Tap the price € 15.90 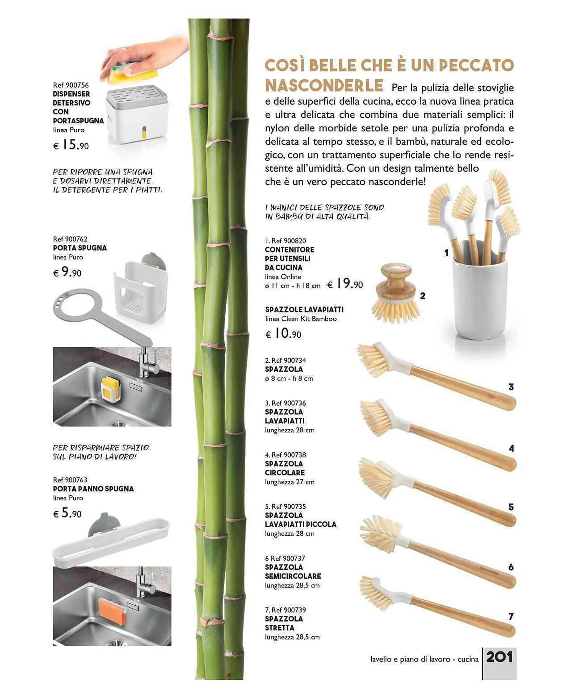(x=71, y=145)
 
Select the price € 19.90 (x=345, y=283)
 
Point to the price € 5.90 (x=67, y=513)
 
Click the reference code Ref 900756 (x=71, y=85)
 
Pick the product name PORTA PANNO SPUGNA (x=93, y=489)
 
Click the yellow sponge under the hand (x=135, y=71)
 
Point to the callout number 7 (x=511, y=616)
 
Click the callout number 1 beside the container (x=446, y=253)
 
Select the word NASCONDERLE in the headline (x=324, y=85)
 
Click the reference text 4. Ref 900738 (x=285, y=455)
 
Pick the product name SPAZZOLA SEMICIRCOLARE (x=293, y=571)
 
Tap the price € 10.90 (x=283, y=333)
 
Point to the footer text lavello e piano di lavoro (x=410, y=659)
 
